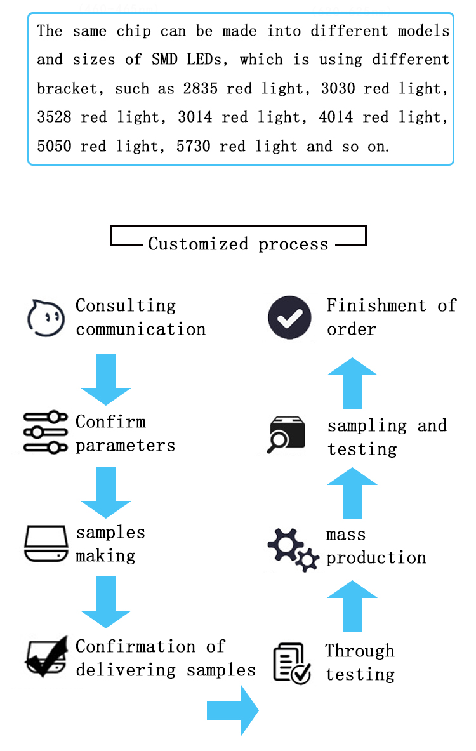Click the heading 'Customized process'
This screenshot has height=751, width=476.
[238, 244]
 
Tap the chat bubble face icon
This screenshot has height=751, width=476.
[46, 317]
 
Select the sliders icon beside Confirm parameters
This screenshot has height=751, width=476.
[45, 432]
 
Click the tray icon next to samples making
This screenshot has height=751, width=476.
[46, 543]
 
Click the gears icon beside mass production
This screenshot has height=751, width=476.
[293, 548]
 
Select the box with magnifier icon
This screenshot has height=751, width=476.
[286, 435]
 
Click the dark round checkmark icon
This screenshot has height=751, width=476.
[289, 317]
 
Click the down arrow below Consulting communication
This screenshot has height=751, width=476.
[106, 379]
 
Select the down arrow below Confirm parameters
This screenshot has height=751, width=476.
[106, 493]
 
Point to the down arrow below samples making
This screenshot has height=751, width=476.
[106, 602]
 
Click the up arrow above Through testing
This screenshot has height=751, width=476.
[352, 606]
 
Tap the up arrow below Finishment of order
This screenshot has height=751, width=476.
[352, 383]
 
